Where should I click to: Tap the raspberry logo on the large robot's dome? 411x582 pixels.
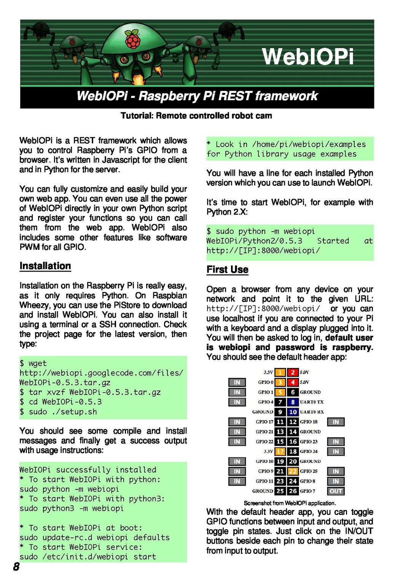click(133, 39)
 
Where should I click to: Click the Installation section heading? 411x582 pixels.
click(45, 266)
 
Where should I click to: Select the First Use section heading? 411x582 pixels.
click(228, 270)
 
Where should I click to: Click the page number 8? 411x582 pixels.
click(16, 567)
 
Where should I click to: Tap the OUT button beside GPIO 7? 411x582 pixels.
click(336, 491)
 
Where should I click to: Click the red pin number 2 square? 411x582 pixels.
click(293, 373)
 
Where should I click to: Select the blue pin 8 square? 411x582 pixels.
click(293, 402)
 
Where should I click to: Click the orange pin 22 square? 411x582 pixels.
click(293, 471)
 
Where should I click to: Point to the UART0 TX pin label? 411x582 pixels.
click(312, 402)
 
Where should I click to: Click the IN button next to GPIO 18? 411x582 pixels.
click(336, 422)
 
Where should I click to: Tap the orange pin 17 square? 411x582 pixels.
click(280, 452)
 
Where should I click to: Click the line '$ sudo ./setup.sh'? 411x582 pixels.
click(58, 412)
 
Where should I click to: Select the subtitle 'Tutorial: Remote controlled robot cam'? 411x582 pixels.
click(196, 116)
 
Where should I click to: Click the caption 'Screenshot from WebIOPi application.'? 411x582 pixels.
click(290, 503)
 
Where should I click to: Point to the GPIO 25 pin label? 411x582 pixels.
click(309, 471)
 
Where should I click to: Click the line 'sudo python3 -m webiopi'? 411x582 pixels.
click(72, 508)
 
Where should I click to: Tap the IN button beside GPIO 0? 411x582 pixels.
click(237, 382)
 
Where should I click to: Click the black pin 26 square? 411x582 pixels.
click(293, 491)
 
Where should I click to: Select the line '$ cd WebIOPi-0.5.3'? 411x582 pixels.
click(61, 402)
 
